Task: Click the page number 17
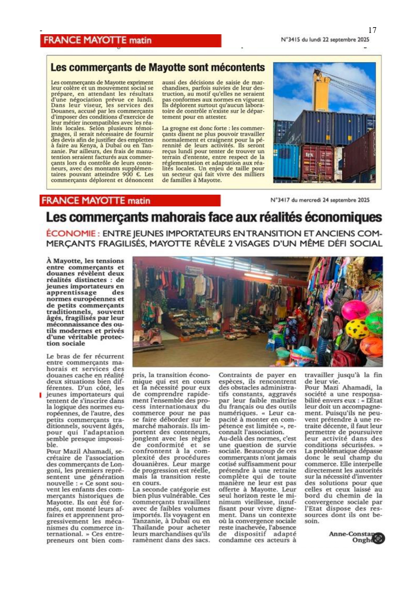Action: click(x=372, y=30)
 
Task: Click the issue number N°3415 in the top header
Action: click(x=291, y=40)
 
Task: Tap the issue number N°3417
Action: click(x=280, y=200)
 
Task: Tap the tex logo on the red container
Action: click(x=309, y=154)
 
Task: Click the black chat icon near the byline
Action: click(x=378, y=538)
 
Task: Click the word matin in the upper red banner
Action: click(x=141, y=41)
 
